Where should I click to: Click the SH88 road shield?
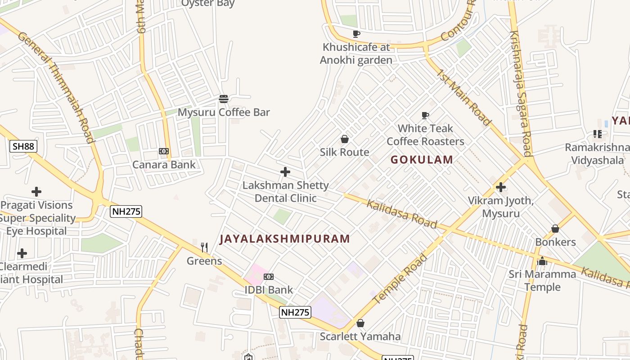tap(23, 146)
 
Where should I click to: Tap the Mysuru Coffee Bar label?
tap(224, 112)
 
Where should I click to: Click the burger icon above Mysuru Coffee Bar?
tap(224, 99)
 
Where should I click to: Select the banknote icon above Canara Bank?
tap(164, 151)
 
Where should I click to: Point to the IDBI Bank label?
tap(268, 290)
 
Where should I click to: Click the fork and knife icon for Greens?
tap(204, 247)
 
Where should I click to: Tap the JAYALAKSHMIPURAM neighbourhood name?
tap(284, 239)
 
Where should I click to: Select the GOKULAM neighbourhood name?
tap(422, 160)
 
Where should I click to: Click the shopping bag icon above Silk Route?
tap(345, 139)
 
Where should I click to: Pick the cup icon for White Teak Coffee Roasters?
tap(425, 116)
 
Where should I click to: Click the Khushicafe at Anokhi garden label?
tap(356, 54)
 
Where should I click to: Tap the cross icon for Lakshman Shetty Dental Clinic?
tap(285, 172)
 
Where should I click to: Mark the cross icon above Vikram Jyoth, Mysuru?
tap(501, 187)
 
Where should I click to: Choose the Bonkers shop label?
tap(555, 242)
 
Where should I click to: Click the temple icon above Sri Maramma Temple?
tap(542, 261)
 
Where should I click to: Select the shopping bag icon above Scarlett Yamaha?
tap(360, 323)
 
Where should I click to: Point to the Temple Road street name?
tap(400, 279)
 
